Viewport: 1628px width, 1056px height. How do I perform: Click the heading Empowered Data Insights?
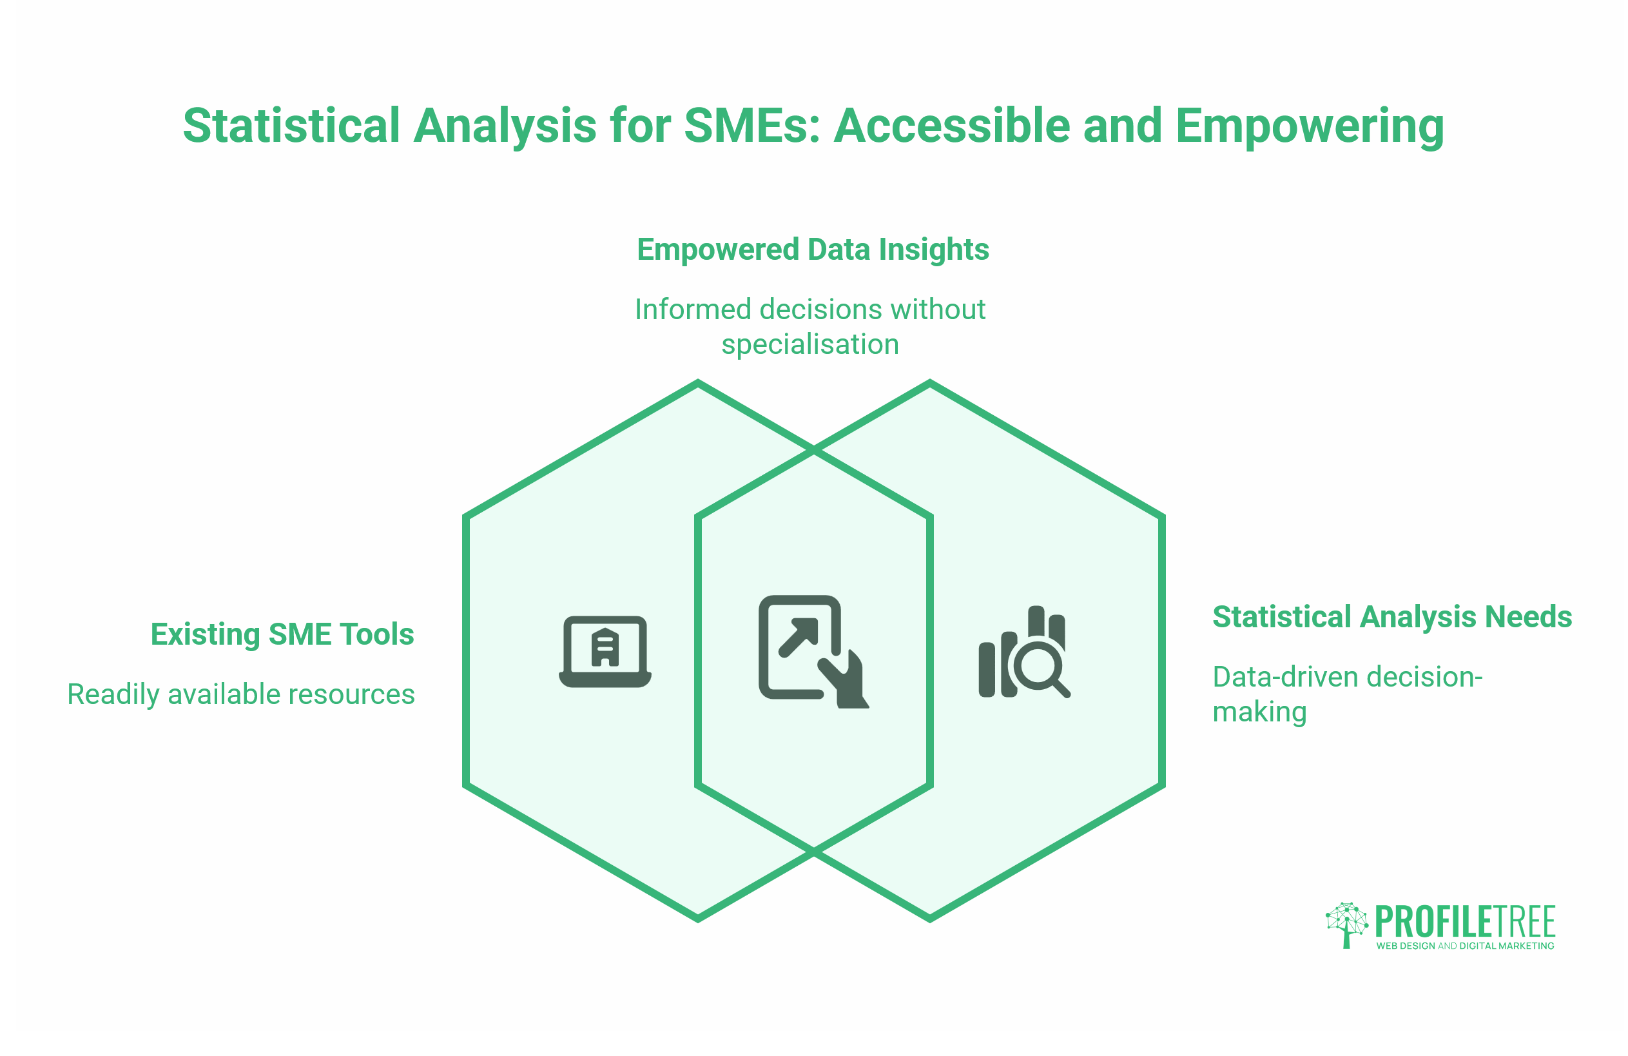pyautogui.click(x=813, y=249)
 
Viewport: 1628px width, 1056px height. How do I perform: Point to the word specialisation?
pyautogui.click(x=810, y=344)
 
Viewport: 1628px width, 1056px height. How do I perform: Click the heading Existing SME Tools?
pyautogui.click(x=282, y=634)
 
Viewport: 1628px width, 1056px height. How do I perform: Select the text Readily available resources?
pyautogui.click(x=241, y=694)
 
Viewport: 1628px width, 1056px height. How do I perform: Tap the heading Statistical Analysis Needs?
pyautogui.click(x=1392, y=616)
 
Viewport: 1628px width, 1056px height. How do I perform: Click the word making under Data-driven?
pyautogui.click(x=1259, y=712)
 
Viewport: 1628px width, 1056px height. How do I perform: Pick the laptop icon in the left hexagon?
pyautogui.click(x=605, y=652)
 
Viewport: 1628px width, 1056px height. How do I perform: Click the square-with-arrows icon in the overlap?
pyautogui.click(x=813, y=652)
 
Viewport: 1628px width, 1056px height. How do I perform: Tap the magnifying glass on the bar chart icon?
pyautogui.click(x=1040, y=667)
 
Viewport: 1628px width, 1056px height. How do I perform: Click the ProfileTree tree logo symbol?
pyautogui.click(x=1346, y=924)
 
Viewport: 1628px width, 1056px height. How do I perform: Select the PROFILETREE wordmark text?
pyautogui.click(x=1465, y=921)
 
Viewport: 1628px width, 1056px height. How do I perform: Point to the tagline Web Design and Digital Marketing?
pyautogui.click(x=1465, y=946)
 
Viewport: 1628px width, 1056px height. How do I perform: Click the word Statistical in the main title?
pyautogui.click(x=291, y=126)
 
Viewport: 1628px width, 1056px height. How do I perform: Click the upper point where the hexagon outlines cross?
pyautogui.click(x=814, y=451)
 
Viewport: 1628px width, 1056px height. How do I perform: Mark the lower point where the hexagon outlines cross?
pyautogui.click(x=814, y=852)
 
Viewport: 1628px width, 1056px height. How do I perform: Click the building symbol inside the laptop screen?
pyautogui.click(x=605, y=647)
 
